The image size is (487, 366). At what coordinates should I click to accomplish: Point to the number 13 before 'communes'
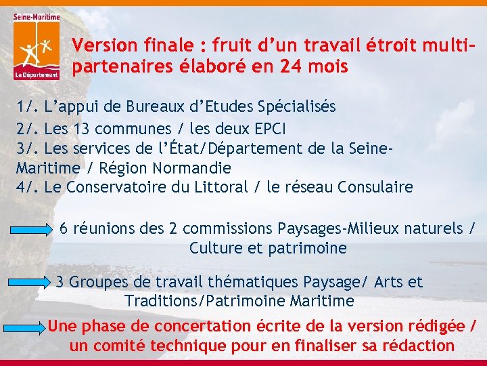pos(80,127)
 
